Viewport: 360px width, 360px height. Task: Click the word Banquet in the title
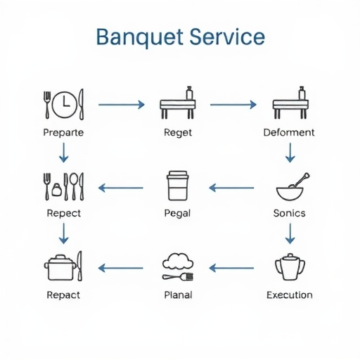pyautogui.click(x=140, y=38)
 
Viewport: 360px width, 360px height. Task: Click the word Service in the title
pyautogui.click(x=227, y=37)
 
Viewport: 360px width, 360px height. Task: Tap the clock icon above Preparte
pyautogui.click(x=64, y=104)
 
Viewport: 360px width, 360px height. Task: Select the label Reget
pyautogui.click(x=178, y=133)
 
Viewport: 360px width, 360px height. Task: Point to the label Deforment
pyautogui.click(x=289, y=132)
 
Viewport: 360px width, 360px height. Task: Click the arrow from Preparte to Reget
pyautogui.click(x=122, y=105)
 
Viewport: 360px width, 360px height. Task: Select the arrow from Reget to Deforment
pyautogui.click(x=233, y=105)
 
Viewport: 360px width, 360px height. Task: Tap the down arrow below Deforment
pyautogui.click(x=290, y=153)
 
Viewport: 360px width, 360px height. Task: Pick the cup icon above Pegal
pyautogui.click(x=177, y=186)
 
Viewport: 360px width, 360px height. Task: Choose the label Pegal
pyautogui.click(x=177, y=214)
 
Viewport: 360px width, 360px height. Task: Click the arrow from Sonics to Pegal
pyautogui.click(x=231, y=188)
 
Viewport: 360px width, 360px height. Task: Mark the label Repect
pyautogui.click(x=64, y=213)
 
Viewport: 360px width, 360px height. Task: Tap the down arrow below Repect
pyautogui.click(x=64, y=233)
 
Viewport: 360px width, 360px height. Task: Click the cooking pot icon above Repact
pyautogui.click(x=60, y=267)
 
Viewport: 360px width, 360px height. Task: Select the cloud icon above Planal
pyautogui.click(x=178, y=261)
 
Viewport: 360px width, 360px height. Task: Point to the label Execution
pyautogui.click(x=290, y=295)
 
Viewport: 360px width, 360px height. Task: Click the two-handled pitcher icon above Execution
pyautogui.click(x=290, y=266)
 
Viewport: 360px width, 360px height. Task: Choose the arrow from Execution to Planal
pyautogui.click(x=231, y=268)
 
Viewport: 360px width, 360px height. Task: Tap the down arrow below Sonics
pyautogui.click(x=290, y=233)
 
